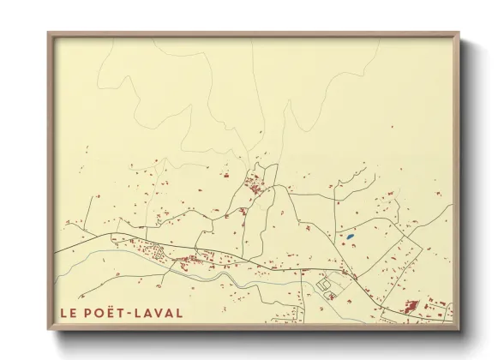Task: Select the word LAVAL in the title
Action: pyautogui.click(x=160, y=313)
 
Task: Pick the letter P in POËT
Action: pyautogui.click(x=87, y=313)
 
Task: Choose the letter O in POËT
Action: pyautogui.click(x=100, y=313)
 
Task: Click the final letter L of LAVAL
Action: pyautogui.click(x=179, y=313)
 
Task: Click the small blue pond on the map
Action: pyautogui.click(x=350, y=236)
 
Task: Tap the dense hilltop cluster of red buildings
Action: pyautogui.click(x=255, y=183)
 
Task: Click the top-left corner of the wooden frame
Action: pyautogui.click(x=48, y=33)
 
